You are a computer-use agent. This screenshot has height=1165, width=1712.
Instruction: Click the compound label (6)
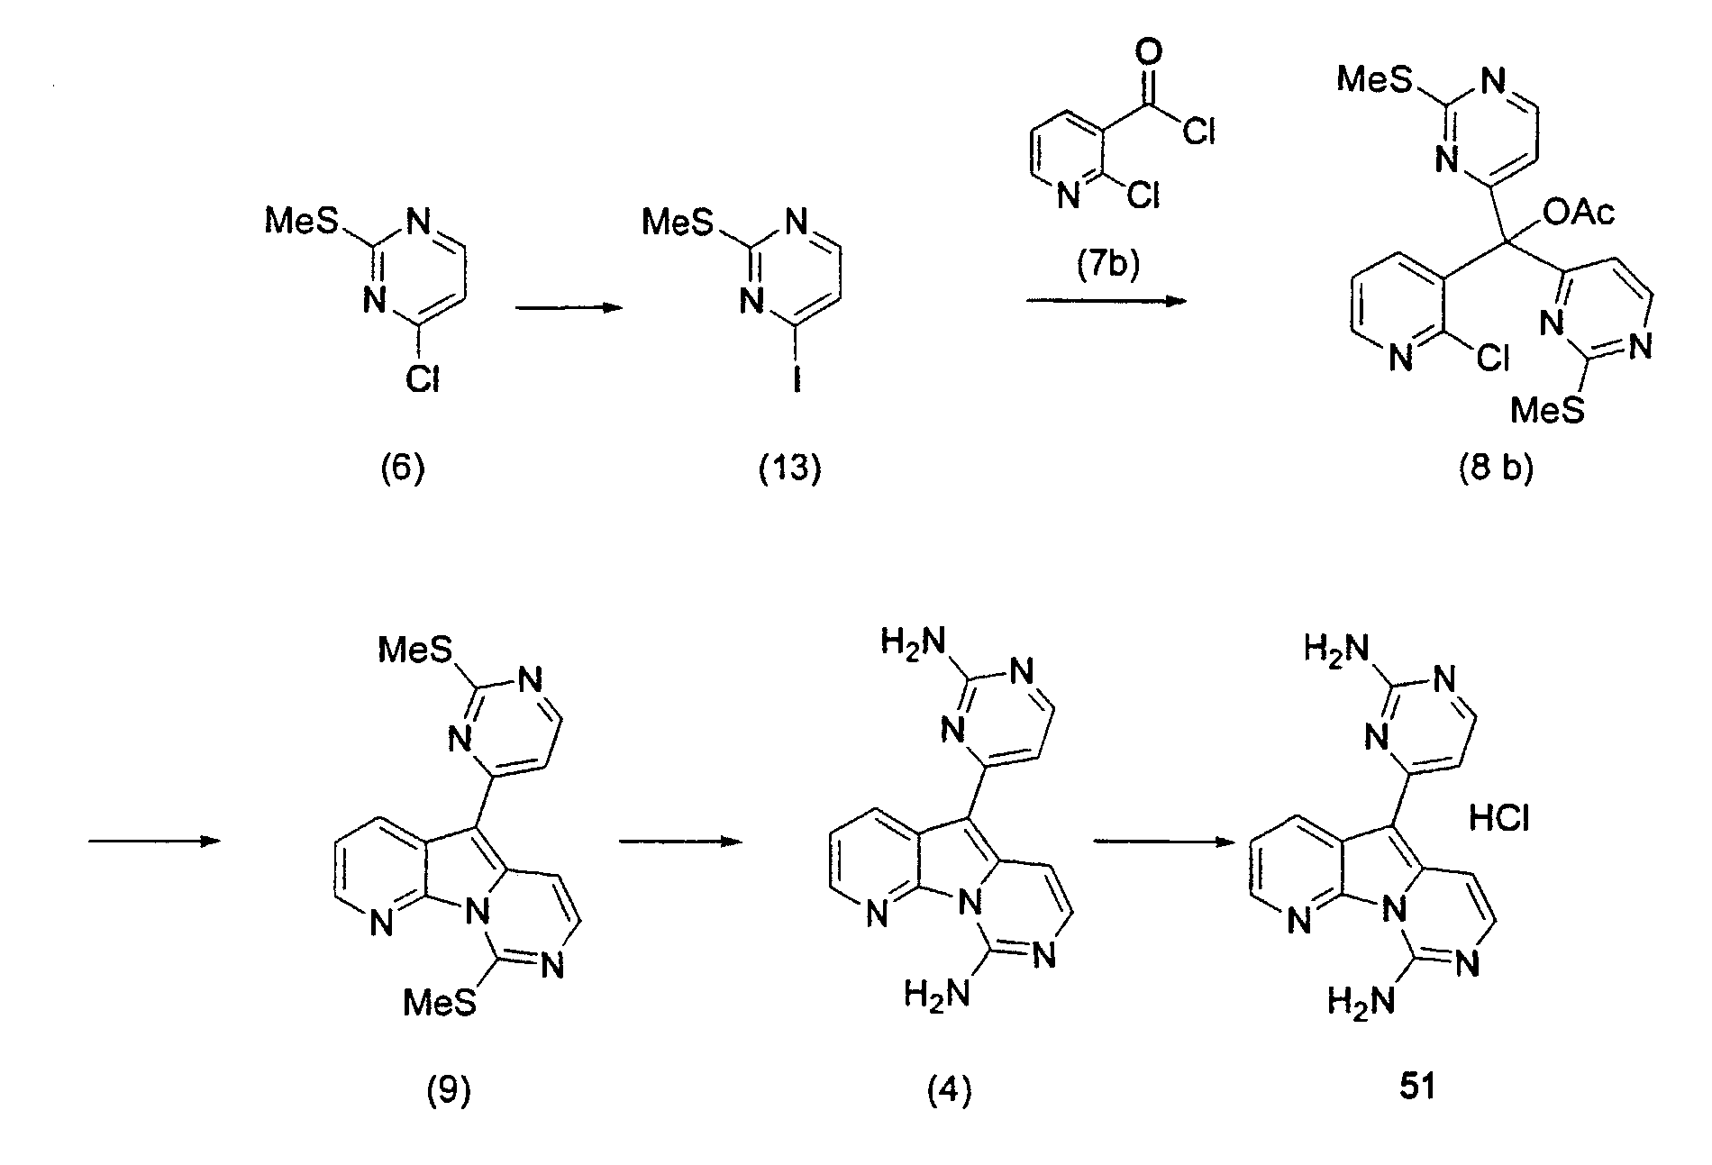[402, 469]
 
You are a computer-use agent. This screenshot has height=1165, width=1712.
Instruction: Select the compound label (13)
[790, 469]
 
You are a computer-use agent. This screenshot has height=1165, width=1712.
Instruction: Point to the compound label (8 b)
[1497, 469]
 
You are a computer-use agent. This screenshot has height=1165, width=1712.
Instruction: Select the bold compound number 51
[1418, 1088]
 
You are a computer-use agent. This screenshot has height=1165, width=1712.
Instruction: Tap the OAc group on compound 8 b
[1580, 214]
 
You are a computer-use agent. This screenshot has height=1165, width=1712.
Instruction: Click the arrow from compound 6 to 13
[569, 308]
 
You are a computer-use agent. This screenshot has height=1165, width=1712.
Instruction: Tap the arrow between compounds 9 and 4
[679, 841]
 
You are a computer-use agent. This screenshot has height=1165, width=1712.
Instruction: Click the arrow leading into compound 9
[154, 841]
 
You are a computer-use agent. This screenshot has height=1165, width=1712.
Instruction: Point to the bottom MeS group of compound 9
[440, 1003]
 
